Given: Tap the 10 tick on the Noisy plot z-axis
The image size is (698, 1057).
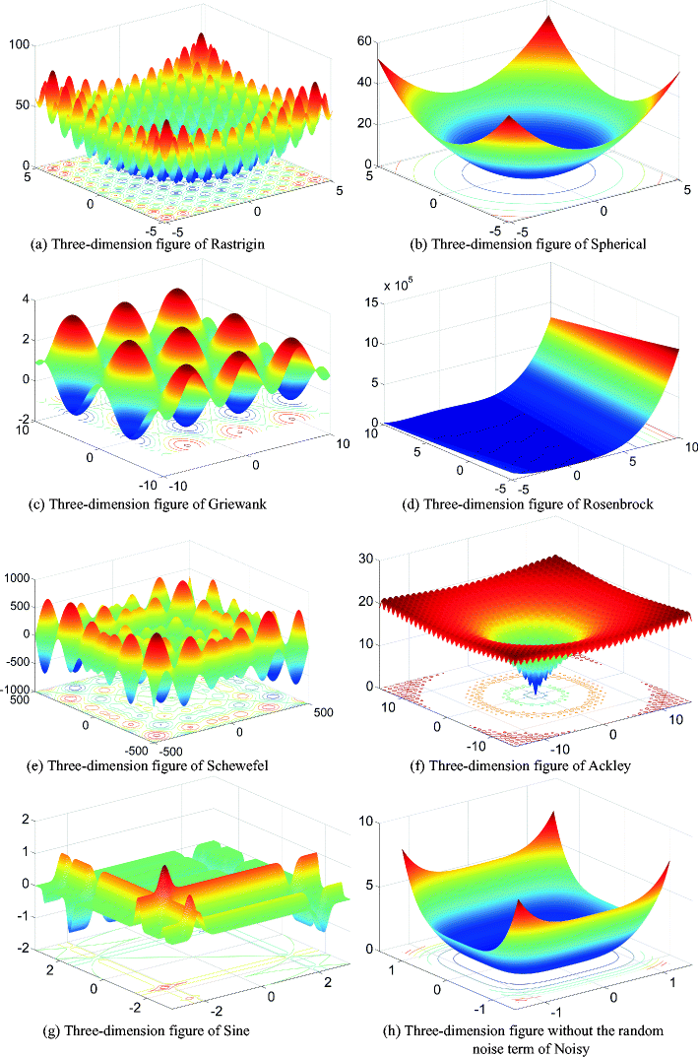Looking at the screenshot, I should (x=365, y=821).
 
